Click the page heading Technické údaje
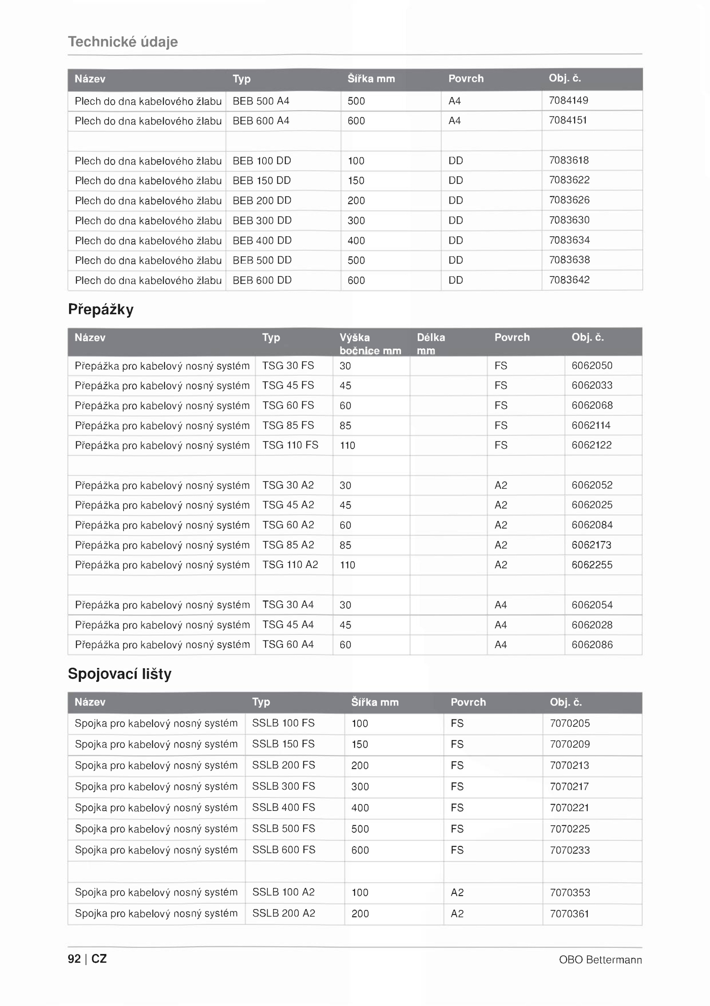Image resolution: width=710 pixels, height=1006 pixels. click(x=123, y=42)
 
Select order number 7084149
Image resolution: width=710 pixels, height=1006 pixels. click(x=568, y=100)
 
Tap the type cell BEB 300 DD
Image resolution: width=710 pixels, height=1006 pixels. click(x=262, y=220)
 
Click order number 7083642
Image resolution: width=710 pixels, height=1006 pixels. click(x=569, y=280)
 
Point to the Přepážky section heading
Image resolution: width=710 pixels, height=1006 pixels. click(x=101, y=309)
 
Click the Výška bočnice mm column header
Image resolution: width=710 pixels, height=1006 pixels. click(x=370, y=344)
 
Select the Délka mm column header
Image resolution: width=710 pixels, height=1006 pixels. click(x=430, y=344)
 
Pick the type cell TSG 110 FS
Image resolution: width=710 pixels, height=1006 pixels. click(x=290, y=445)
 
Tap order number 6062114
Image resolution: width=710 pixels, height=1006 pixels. click(x=591, y=425)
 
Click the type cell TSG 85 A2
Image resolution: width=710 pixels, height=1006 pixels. click(x=288, y=545)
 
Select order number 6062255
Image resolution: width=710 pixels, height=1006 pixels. click(x=592, y=565)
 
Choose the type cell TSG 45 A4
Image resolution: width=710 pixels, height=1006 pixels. click(x=288, y=625)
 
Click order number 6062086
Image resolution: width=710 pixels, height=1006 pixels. click(x=592, y=644)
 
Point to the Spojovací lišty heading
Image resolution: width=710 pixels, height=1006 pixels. click(x=120, y=674)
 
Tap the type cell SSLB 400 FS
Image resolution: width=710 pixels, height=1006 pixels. click(x=284, y=807)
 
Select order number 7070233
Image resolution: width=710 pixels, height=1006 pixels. click(x=570, y=850)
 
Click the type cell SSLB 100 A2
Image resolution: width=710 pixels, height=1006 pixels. click(x=284, y=892)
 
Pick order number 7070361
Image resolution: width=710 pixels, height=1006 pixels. click(x=570, y=913)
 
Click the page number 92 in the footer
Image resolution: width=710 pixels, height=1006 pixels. click(x=74, y=959)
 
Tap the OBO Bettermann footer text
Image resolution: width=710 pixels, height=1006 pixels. click(x=600, y=959)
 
